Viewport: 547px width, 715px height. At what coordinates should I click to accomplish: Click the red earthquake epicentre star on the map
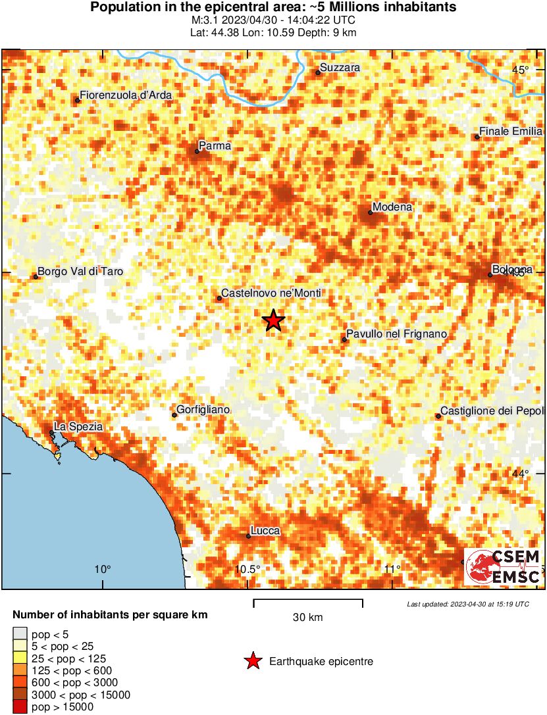point(273,320)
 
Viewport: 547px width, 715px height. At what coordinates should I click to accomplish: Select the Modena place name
point(392,207)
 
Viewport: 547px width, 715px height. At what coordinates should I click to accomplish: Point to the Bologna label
point(512,270)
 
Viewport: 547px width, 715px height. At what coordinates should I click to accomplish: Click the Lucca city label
point(265,531)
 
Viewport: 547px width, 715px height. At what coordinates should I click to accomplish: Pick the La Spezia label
point(78,426)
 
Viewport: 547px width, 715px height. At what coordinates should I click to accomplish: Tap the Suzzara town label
point(340,68)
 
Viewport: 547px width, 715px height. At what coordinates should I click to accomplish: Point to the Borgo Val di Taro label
point(80,271)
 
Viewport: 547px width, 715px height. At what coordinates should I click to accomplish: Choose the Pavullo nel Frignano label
point(397,334)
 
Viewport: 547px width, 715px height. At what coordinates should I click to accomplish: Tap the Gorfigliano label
point(203,410)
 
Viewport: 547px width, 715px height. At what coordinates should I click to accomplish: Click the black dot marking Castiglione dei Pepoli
point(438,416)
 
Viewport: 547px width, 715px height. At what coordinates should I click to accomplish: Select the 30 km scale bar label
point(307,617)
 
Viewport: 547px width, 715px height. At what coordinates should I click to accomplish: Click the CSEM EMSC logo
point(504,566)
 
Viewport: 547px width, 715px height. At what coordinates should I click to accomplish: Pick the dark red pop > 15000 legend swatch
point(20,707)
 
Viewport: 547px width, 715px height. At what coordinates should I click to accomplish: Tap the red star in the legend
point(252,661)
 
